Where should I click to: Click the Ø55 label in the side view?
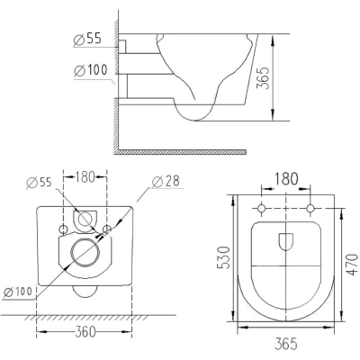click(87, 40)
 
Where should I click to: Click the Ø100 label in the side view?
click(91, 70)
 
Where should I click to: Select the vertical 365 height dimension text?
click(264, 77)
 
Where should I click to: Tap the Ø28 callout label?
click(166, 182)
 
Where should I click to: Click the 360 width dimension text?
click(85, 332)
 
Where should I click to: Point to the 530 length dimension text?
click(224, 257)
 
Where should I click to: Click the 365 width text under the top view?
click(286, 343)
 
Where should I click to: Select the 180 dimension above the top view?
click(286, 179)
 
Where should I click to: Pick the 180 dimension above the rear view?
click(85, 176)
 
